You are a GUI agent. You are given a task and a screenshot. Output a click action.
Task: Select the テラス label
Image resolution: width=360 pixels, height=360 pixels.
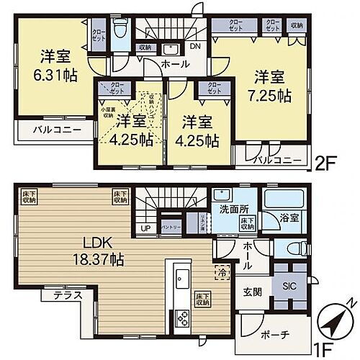[68, 295]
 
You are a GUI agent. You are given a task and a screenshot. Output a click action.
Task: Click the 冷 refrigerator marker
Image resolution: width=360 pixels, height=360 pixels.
[221, 273]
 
